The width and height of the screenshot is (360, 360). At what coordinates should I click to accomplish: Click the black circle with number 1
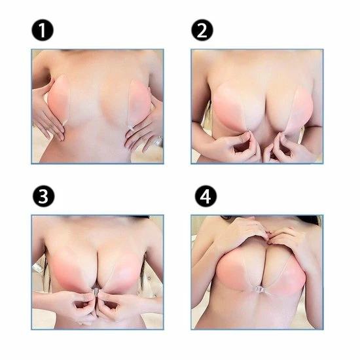(x=43, y=30)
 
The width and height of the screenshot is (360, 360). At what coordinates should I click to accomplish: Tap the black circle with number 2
(x=202, y=30)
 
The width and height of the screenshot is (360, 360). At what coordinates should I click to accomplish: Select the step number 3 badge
(x=44, y=196)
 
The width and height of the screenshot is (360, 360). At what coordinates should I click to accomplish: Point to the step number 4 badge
(x=206, y=196)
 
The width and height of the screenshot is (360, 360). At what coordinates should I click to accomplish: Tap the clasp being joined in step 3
(x=96, y=291)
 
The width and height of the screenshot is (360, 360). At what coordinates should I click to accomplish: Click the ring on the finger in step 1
(x=159, y=139)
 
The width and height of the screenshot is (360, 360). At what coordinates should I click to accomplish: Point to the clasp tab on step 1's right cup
(x=132, y=128)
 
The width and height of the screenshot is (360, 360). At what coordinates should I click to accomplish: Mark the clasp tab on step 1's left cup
(x=65, y=123)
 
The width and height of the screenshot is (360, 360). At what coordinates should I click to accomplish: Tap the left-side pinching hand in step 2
(x=236, y=145)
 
